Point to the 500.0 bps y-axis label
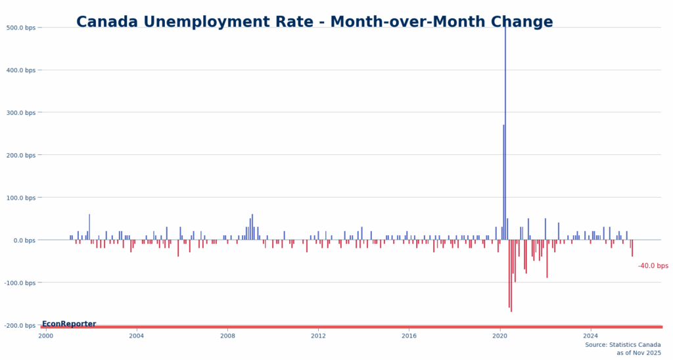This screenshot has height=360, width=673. point(21,28)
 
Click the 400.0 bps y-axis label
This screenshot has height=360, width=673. point(21,70)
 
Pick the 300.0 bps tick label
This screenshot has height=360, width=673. point(21,113)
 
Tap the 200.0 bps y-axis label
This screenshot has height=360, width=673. point(21,155)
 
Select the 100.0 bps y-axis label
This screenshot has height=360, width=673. point(21,198)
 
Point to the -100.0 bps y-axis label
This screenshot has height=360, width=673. point(20,283)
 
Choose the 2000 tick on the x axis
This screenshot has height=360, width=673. point(46,336)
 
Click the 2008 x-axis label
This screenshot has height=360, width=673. point(227,336)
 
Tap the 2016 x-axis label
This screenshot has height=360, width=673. point(409,336)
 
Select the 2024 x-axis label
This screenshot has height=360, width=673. point(590,336)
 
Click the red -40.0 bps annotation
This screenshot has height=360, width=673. point(653,266)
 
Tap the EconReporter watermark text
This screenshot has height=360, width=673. point(69,324)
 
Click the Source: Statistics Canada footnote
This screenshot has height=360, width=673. point(623,345)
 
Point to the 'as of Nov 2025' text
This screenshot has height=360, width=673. point(638,353)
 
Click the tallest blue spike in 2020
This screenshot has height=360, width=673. point(505,131)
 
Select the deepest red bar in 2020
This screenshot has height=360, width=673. point(511,276)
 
